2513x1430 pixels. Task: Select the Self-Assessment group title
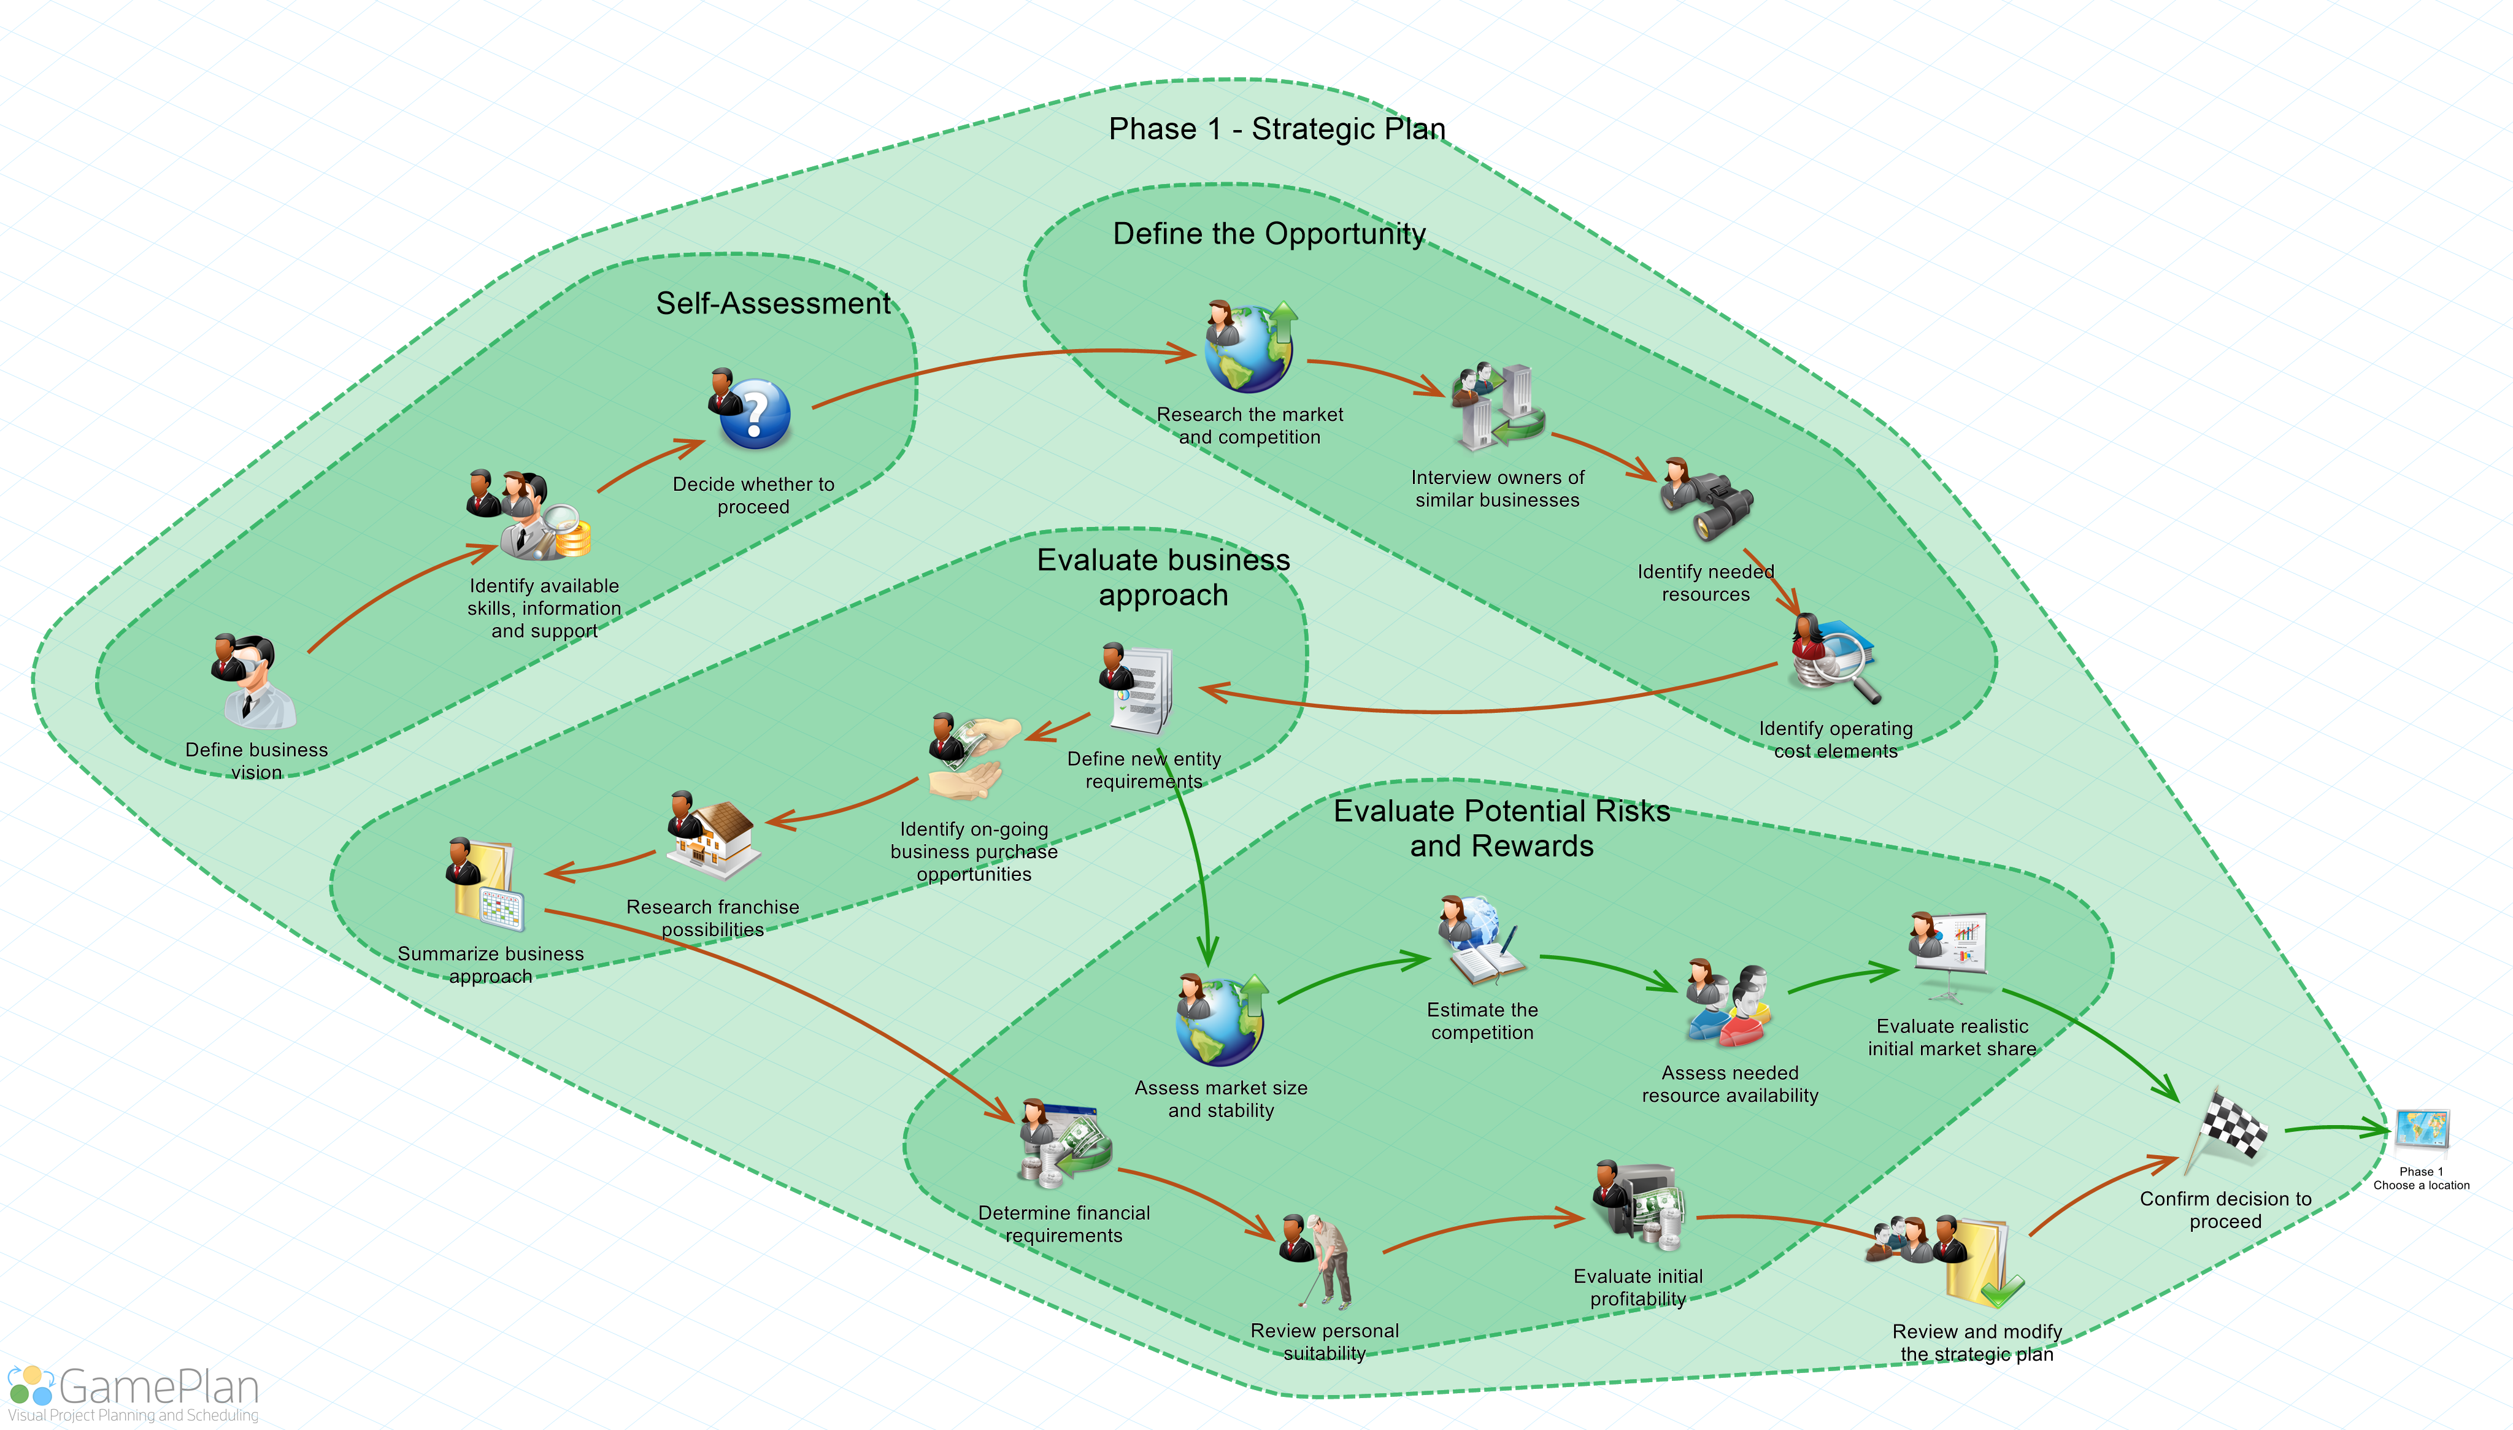pos(773,304)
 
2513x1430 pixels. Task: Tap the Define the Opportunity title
pos(1269,234)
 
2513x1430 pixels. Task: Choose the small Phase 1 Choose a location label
pos(2421,1178)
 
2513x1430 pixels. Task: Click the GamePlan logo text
pos(158,1388)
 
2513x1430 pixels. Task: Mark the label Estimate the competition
pos(1482,1021)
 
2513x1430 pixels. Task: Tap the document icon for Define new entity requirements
pos(1139,690)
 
